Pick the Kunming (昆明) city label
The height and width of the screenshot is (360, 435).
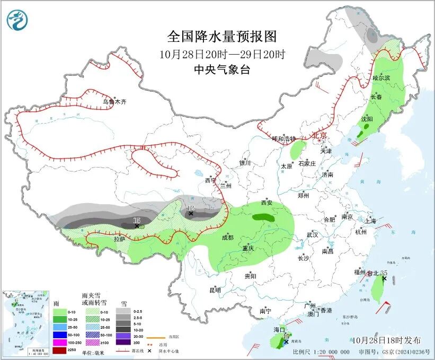[215, 290]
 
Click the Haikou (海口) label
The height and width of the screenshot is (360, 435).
[279, 330]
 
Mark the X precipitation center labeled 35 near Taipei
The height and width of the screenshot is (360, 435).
[385, 278]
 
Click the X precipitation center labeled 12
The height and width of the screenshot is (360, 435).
[191, 214]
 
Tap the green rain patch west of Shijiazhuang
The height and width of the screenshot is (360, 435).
[298, 149]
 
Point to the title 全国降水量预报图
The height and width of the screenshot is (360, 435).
[222, 37]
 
